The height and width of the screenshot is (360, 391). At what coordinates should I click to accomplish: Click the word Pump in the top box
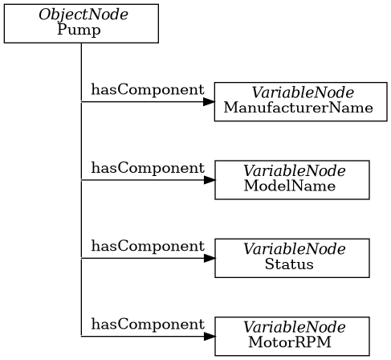(80, 31)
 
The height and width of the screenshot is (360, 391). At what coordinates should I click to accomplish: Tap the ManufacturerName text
(299, 108)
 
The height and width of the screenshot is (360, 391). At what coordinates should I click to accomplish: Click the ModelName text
(289, 186)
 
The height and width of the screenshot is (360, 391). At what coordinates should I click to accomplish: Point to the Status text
(289, 264)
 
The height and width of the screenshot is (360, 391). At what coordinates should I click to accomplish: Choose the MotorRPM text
(289, 342)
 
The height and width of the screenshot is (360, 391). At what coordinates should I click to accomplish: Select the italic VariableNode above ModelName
(294, 172)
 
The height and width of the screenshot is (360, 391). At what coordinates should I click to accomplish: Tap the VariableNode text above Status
(294, 250)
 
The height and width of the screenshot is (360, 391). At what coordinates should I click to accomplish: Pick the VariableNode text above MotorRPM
(294, 328)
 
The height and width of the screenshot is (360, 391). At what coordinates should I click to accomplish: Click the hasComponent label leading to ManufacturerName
(147, 90)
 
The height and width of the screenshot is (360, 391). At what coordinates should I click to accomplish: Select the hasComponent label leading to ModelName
(147, 168)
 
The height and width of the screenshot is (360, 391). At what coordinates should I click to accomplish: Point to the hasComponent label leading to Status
(147, 246)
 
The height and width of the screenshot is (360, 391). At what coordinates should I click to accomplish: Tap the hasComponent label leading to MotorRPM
(147, 324)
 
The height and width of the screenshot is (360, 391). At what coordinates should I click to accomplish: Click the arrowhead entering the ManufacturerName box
(209, 102)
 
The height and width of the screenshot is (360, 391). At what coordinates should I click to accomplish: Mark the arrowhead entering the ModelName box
(209, 180)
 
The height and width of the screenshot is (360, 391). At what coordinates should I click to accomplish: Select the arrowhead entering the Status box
(209, 258)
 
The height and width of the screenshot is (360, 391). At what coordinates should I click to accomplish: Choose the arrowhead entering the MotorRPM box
(209, 336)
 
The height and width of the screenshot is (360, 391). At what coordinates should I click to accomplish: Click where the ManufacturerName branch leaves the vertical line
(81, 102)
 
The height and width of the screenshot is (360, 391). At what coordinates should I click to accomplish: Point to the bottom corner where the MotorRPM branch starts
(81, 336)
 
